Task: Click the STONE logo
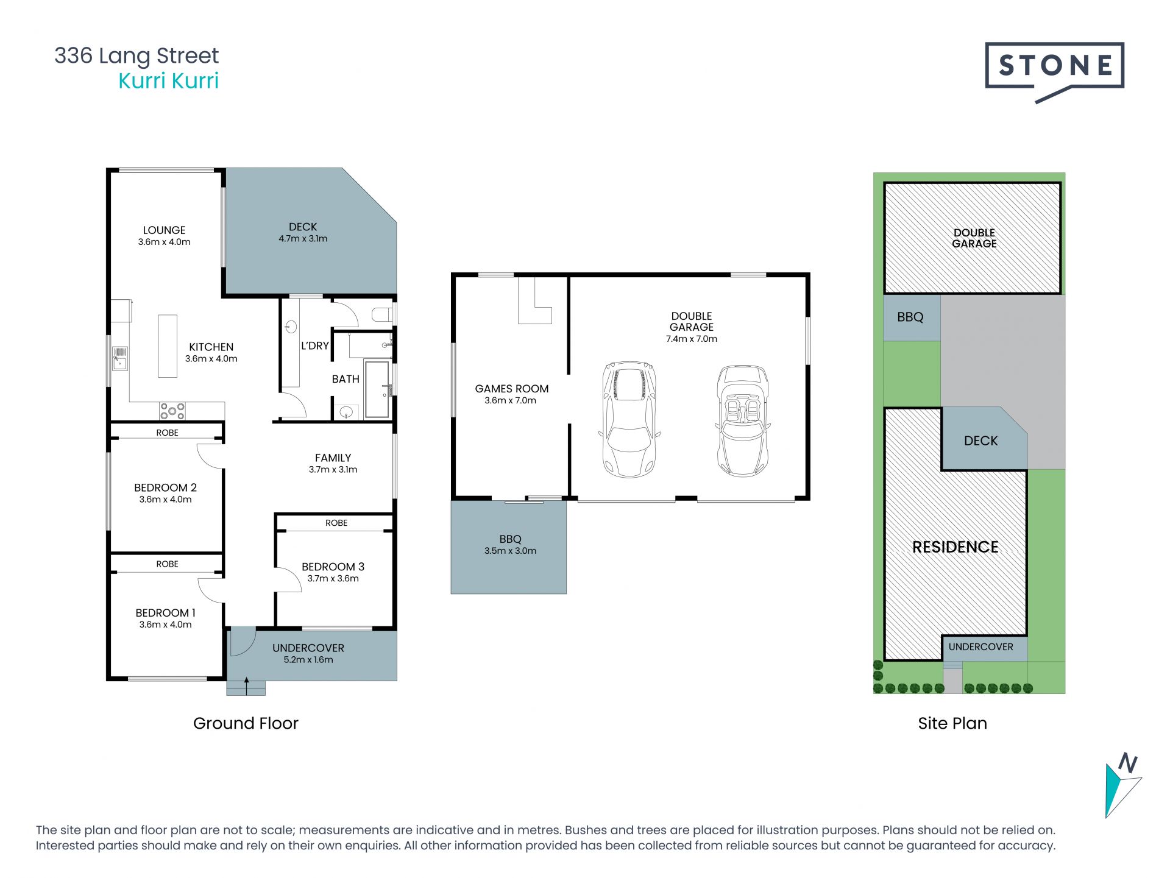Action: click(1054, 71)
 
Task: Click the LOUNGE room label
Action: click(164, 230)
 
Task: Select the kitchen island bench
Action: click(168, 346)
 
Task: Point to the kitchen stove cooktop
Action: click(172, 411)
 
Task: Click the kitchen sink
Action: click(119, 358)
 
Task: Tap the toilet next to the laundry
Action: click(382, 315)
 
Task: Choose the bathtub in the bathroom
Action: click(377, 389)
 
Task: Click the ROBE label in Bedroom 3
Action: click(336, 523)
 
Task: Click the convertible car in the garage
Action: click(743, 420)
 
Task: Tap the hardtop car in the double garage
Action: click(629, 419)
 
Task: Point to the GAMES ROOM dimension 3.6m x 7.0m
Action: click(511, 400)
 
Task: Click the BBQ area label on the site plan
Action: click(910, 317)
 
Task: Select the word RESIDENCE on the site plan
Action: click(955, 547)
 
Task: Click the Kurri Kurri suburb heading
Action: click(168, 80)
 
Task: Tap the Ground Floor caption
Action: click(246, 723)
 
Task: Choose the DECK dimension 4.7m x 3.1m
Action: click(303, 239)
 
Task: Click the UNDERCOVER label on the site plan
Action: click(980, 646)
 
